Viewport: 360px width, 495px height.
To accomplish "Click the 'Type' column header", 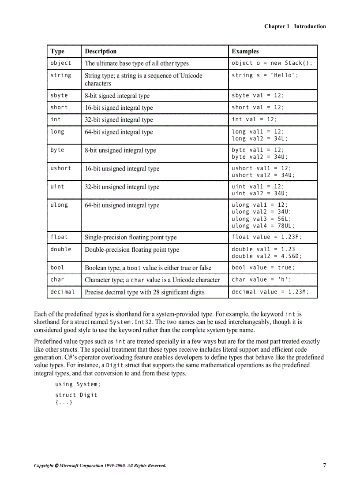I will point(57,52).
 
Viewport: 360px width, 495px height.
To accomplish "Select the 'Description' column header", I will point(101,52).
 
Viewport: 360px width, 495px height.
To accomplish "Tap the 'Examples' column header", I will point(245,52).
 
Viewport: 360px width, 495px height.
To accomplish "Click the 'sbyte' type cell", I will point(59,96).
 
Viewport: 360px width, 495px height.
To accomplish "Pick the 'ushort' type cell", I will point(60,168).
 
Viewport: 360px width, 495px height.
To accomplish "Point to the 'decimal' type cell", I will point(62,292).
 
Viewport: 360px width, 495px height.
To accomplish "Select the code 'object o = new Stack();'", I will point(272,63).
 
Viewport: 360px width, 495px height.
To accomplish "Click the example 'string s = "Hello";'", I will point(265,75).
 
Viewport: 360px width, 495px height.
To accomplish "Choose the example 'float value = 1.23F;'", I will point(266,237).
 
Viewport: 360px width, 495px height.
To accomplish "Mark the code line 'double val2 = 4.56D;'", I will point(266,256).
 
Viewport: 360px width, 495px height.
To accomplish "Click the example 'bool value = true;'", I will point(263,268).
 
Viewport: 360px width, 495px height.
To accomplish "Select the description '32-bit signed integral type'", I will point(119,120).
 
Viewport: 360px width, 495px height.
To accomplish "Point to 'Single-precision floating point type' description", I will point(131,238).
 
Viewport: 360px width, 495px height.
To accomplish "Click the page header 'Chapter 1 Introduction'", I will point(295,26).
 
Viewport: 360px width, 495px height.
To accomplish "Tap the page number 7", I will point(324,465).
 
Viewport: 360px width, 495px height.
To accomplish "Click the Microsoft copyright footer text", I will point(100,465).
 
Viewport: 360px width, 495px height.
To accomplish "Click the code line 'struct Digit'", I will point(76,395).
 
